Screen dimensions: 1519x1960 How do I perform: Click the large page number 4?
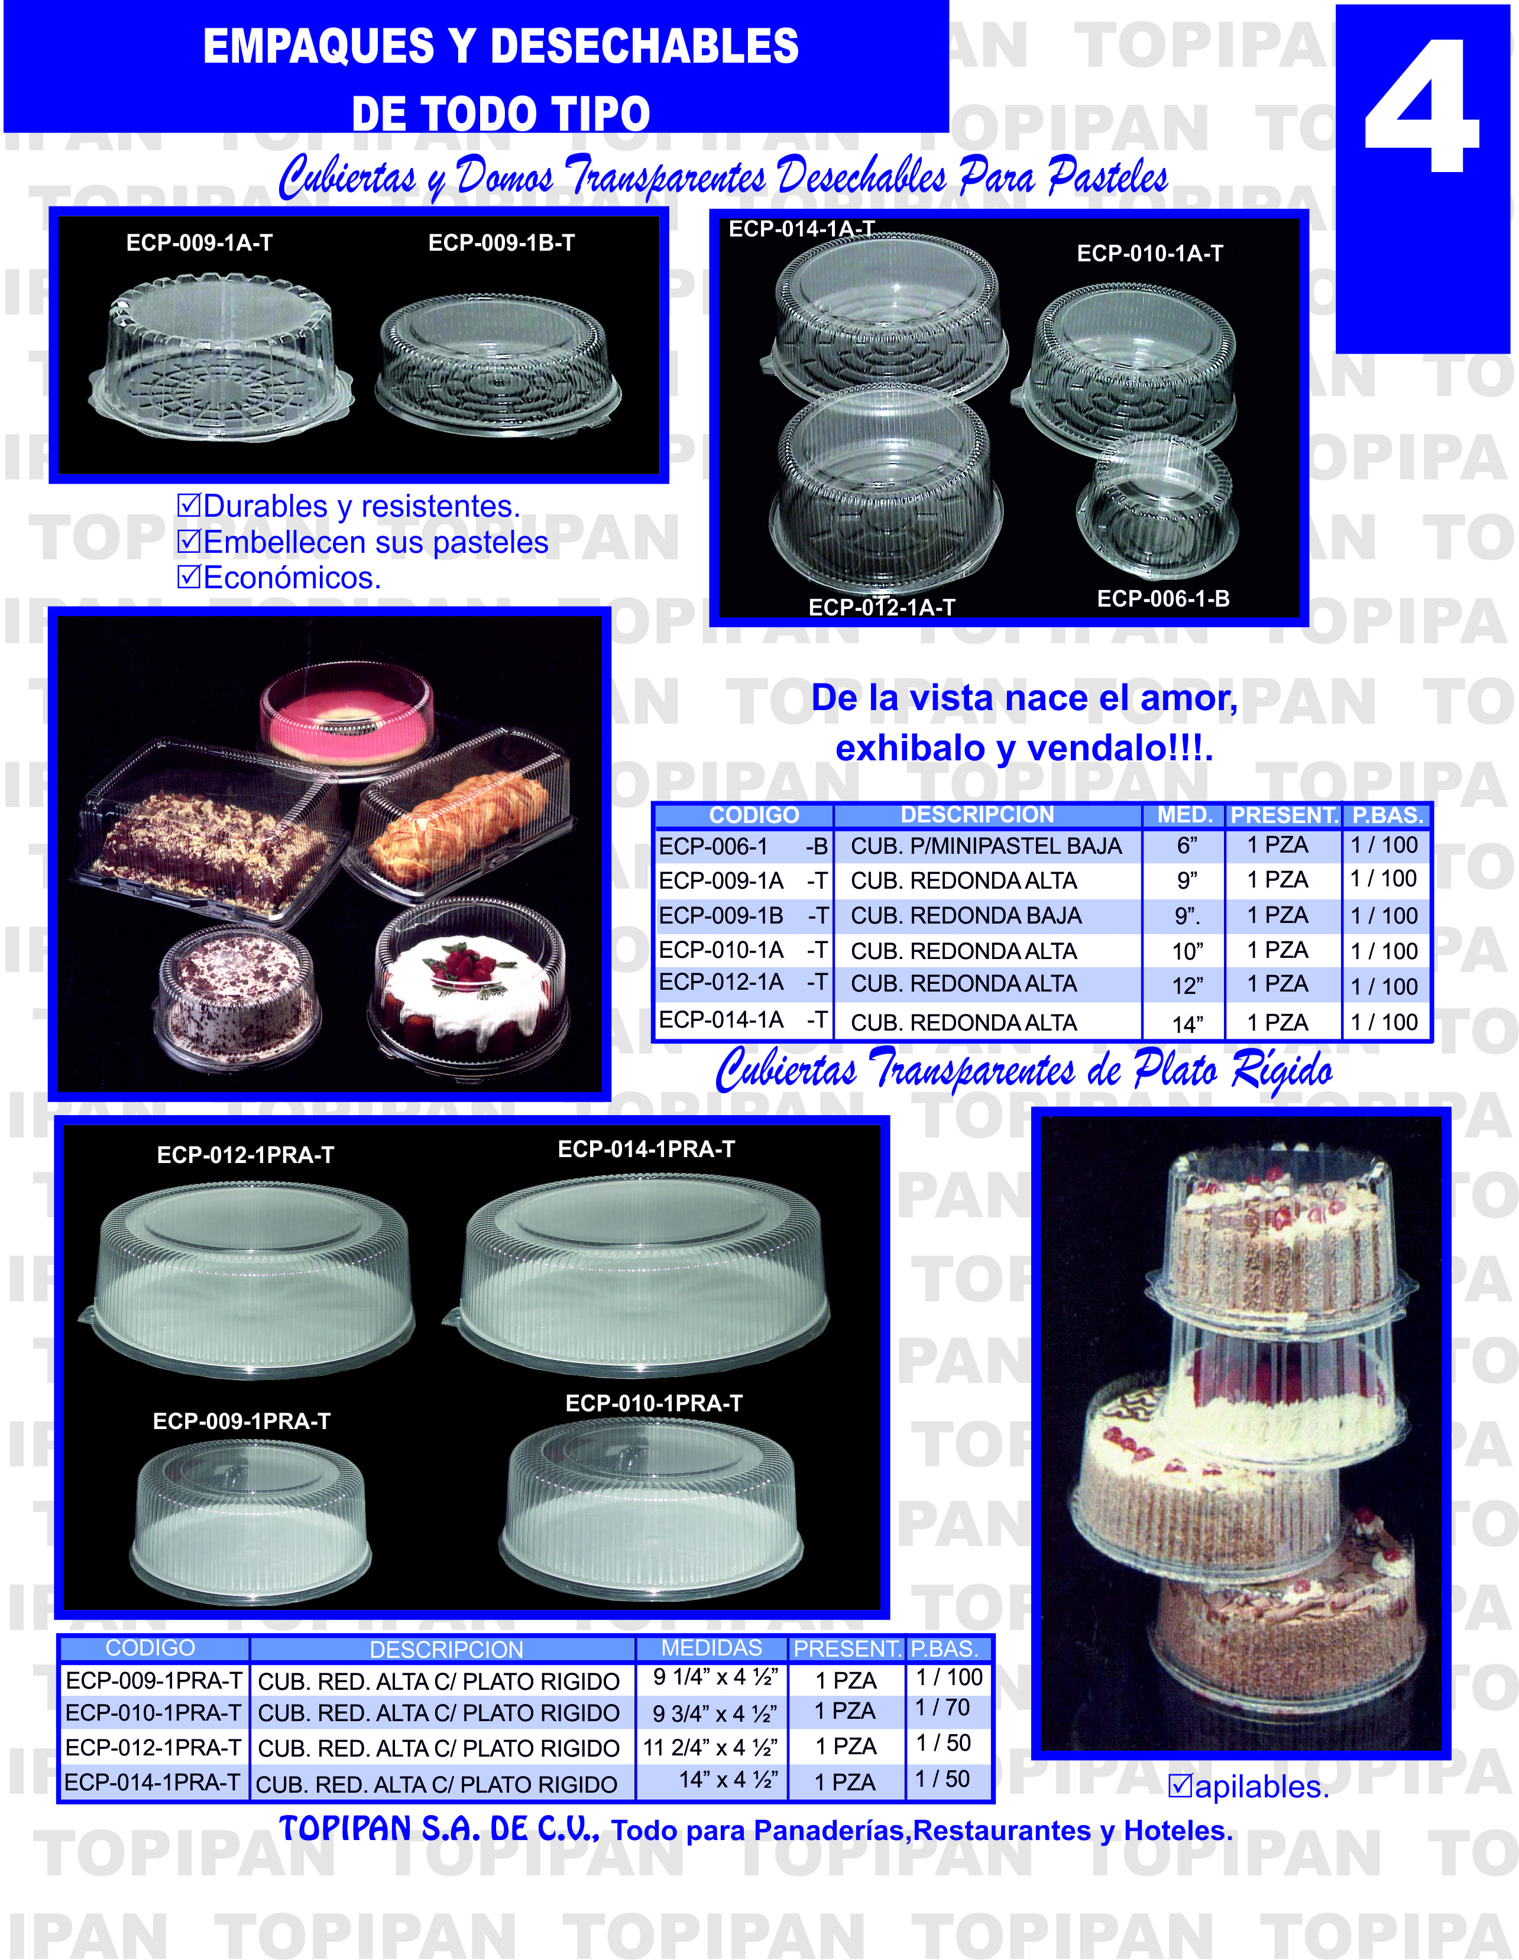1422,106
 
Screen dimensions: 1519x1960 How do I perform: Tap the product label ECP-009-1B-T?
501,243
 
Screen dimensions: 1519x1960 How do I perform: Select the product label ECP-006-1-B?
1163,598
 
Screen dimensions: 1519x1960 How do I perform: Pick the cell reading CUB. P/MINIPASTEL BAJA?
986,846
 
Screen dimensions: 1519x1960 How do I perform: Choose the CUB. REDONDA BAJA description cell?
966,916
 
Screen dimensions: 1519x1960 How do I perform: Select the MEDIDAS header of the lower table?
711,1648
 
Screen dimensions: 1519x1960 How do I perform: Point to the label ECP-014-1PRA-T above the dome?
646,1149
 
